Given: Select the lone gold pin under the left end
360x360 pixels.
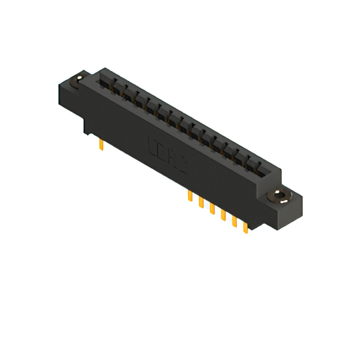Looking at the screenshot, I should pyautogui.click(x=100, y=146).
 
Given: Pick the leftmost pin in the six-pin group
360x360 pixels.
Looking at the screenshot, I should pyautogui.click(x=190, y=197).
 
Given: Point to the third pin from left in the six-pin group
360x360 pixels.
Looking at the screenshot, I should pyautogui.click(x=212, y=209).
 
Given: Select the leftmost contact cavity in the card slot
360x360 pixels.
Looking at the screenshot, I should pyautogui.click(x=105, y=82).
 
